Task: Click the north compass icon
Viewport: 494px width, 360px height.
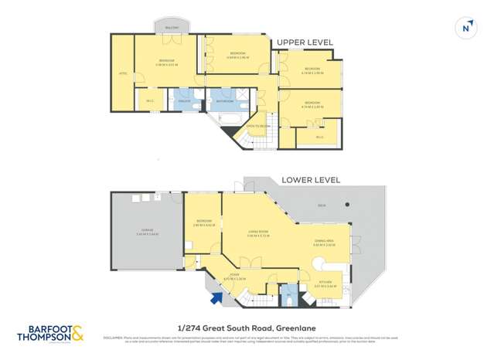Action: coord(465,28)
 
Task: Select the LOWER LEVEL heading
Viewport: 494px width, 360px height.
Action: coord(311,180)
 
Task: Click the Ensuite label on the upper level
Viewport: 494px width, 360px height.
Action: coord(184,101)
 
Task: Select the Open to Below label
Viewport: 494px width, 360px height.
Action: coord(257,125)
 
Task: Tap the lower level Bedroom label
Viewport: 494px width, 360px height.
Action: coord(204,222)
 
